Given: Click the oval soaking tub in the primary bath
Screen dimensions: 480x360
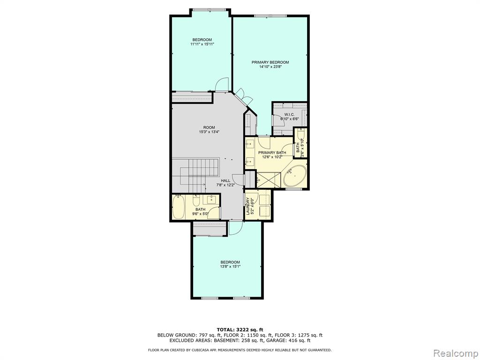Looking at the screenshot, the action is (x=295, y=176).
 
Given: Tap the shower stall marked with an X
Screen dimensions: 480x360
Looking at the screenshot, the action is (x=269, y=180).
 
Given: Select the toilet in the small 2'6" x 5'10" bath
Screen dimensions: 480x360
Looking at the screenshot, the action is (x=301, y=135).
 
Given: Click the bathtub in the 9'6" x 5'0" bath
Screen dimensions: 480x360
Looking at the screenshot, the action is (x=178, y=207).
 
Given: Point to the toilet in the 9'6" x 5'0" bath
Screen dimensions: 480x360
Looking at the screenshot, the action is (x=196, y=200).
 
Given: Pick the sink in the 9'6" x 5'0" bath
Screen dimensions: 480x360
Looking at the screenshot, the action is (x=211, y=200).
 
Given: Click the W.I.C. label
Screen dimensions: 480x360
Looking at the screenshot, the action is (x=289, y=114).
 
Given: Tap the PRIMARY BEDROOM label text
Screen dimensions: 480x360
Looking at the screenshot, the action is (x=270, y=62).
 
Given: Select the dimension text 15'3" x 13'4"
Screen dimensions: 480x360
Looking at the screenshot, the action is (x=209, y=132).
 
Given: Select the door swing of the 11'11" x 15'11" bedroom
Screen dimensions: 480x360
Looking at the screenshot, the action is (x=222, y=84).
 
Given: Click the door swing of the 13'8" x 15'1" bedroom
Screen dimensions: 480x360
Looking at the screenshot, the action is (x=236, y=228).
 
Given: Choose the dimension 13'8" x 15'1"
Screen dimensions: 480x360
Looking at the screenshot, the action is (x=230, y=267).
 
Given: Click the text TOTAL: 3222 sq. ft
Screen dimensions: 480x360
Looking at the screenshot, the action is (x=240, y=330).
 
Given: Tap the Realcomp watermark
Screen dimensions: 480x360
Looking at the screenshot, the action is (x=456, y=353).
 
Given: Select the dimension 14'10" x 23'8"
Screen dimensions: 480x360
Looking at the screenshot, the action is (x=270, y=67).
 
